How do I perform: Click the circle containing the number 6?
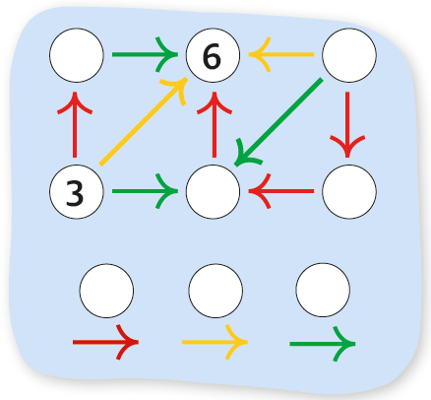(213, 55)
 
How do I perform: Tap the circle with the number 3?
(77, 191)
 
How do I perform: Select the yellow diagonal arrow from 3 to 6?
(144, 121)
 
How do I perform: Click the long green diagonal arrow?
(278, 122)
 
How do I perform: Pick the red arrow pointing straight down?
(347, 125)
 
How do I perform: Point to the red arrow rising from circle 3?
(75, 125)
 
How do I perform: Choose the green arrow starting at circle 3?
(145, 191)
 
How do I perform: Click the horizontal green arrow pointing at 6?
(145, 54)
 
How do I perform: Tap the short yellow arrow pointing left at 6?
(281, 54)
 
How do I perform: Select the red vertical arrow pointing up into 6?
(215, 125)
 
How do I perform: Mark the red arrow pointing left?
(281, 191)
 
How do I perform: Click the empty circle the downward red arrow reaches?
(349, 191)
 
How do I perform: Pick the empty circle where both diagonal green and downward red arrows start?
(349, 55)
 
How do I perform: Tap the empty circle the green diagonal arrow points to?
(213, 191)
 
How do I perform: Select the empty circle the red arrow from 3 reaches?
(77, 55)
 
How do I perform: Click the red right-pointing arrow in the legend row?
(105, 342)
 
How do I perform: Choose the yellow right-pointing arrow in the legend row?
(215, 342)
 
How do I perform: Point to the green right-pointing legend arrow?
(323, 344)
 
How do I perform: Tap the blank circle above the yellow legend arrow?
(215, 291)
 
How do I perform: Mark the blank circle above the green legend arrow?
(323, 290)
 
